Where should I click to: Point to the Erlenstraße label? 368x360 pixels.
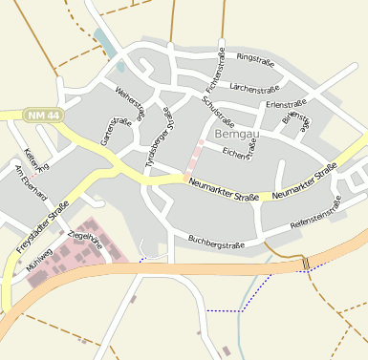[286, 103]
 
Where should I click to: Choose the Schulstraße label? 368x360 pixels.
[219, 112]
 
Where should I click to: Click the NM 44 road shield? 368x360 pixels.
[43, 115]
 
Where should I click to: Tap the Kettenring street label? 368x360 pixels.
[35, 163]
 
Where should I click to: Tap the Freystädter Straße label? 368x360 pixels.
[42, 227]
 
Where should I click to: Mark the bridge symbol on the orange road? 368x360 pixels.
[306, 263]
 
